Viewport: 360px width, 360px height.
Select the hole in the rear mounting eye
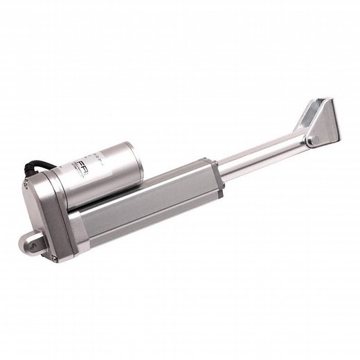(x=28, y=242)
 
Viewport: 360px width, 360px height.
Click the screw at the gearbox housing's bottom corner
(x=54, y=258)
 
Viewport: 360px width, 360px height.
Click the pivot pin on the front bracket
(x=311, y=141)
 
